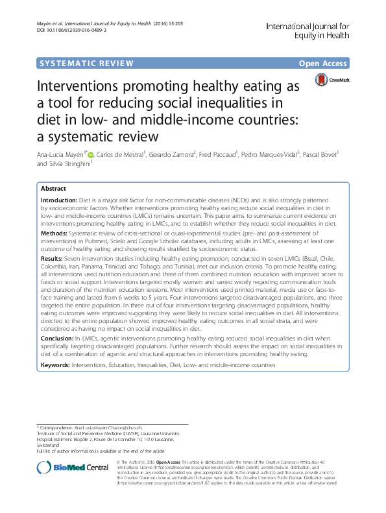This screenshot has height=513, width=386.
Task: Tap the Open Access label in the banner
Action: tap(323, 64)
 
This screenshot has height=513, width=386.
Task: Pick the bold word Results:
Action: tap(53, 257)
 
